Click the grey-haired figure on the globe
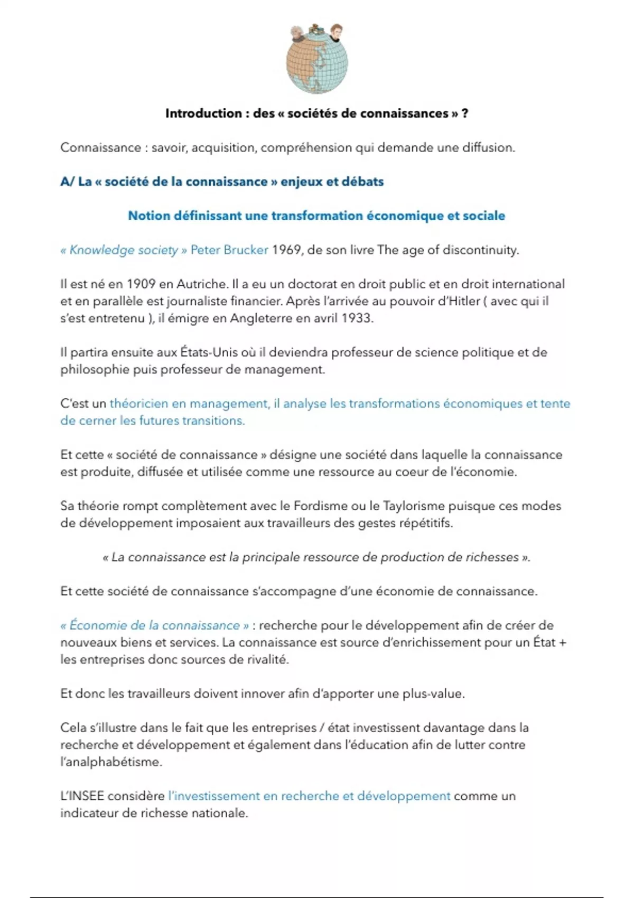click(300, 35)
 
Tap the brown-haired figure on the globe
click(334, 33)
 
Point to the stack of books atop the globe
click(316, 30)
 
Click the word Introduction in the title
click(203, 114)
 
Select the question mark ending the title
click(464, 114)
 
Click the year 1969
click(286, 250)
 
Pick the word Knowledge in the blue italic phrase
click(95, 250)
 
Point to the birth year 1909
click(141, 284)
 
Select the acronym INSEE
click(82, 796)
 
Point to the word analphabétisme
click(110, 762)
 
